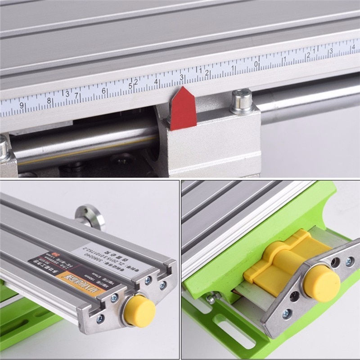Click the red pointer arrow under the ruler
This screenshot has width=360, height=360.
tap(182, 109)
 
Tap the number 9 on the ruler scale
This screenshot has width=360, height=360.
tap(21, 106)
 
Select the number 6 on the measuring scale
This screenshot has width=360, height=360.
tap(104, 90)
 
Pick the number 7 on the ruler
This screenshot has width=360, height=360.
tap(76, 95)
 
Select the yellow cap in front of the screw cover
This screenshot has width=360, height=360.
tap(321, 283)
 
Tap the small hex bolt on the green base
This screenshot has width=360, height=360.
tap(211, 298)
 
